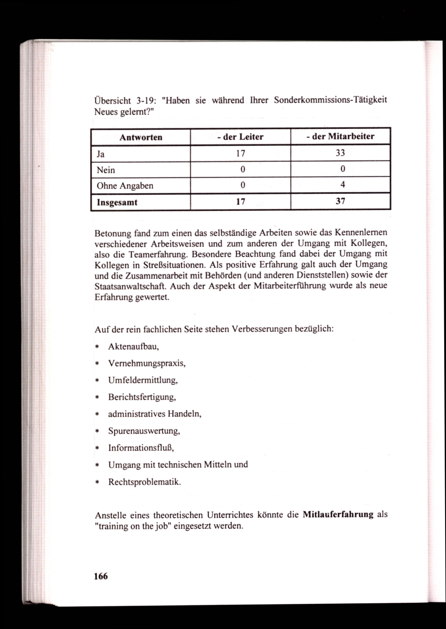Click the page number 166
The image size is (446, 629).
101,576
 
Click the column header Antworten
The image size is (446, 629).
141,137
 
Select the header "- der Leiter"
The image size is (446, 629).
240,137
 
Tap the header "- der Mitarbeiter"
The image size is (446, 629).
340,136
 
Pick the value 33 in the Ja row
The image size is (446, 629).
340,153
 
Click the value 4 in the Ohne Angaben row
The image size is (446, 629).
343,185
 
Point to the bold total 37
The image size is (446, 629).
340,201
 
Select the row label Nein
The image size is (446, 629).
106,170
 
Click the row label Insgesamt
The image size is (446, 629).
117,202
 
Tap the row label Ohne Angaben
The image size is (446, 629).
125,186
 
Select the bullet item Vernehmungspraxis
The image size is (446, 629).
147,364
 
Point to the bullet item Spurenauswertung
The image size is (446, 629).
144,431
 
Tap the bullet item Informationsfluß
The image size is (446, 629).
141,448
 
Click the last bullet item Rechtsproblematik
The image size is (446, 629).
145,482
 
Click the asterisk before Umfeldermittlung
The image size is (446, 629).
97,381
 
